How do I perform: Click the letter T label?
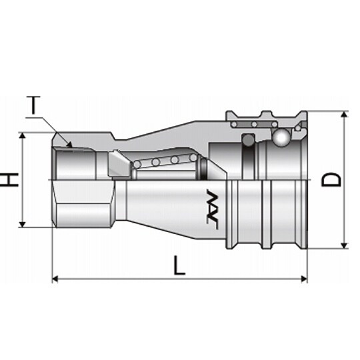pos(33,105)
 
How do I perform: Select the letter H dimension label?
pos(9,180)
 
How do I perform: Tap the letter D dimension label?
pos(331,180)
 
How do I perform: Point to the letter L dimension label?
pos(179,265)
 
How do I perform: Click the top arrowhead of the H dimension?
pos(22,135)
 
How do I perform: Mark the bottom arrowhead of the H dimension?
pos(22,224)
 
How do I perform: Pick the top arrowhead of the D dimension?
pos(344,115)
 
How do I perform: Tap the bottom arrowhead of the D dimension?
pos(344,245)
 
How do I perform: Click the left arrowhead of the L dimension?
pos(55,279)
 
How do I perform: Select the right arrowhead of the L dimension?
pos(304,279)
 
